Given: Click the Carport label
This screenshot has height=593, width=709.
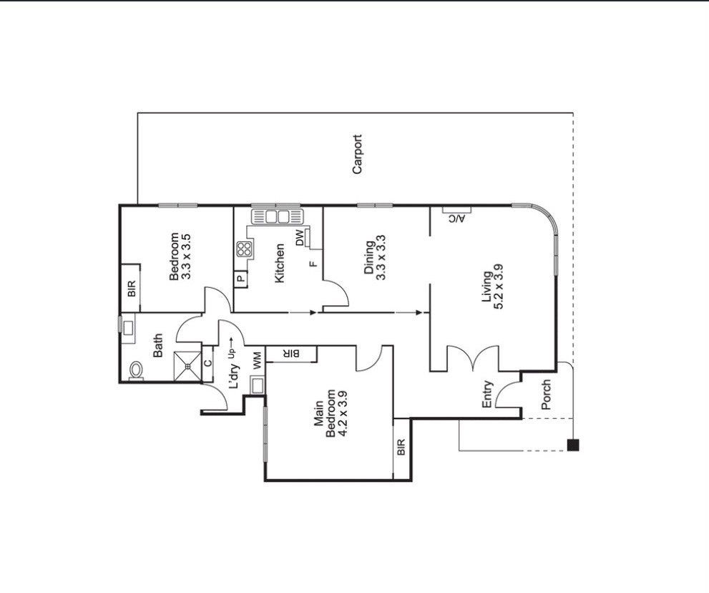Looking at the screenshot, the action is (357, 154).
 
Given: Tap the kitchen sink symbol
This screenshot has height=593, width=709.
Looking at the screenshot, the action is (277, 217).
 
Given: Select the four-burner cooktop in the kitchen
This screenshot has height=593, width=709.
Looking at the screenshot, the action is (244, 249).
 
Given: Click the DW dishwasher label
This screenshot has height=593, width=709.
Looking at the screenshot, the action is (300, 238).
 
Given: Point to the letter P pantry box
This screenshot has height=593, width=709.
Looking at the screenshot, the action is (241, 279).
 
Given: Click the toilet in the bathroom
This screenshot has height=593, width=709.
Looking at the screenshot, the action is (136, 371).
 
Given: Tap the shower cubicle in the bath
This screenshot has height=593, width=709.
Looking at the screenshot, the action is (187, 366).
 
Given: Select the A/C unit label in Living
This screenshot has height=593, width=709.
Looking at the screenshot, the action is (456, 219).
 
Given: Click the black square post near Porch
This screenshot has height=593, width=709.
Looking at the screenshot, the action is (573, 445).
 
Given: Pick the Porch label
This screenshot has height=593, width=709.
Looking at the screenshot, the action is (546, 395).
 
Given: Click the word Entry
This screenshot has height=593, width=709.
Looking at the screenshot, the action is (487, 395).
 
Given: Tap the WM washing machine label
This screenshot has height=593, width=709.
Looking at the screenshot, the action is (258, 360).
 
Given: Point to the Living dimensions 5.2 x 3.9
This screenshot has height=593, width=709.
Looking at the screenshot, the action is (499, 286).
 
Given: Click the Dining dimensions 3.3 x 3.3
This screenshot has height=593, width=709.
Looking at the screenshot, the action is (381, 257).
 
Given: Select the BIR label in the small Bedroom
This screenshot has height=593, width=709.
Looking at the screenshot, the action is (132, 289).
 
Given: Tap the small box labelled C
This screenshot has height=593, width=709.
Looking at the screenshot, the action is (207, 363).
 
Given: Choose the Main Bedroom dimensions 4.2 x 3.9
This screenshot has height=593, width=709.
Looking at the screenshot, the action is (342, 413).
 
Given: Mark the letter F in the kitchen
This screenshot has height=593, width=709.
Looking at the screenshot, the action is (313, 264).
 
